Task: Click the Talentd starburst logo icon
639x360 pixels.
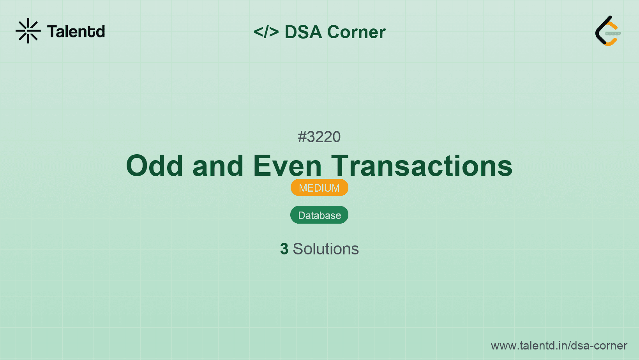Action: (x=28, y=31)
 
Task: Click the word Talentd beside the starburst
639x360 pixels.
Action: (x=76, y=32)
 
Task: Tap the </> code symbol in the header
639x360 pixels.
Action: (x=266, y=32)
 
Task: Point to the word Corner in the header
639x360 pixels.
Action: (x=356, y=32)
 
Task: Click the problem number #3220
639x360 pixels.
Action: (x=319, y=137)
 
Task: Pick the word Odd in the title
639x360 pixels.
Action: (x=155, y=166)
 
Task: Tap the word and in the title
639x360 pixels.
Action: (x=218, y=166)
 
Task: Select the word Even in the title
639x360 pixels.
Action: (x=288, y=166)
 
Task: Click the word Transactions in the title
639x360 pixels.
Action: (x=422, y=166)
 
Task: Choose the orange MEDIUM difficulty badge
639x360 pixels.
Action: (x=319, y=188)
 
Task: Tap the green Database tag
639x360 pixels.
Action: (x=319, y=215)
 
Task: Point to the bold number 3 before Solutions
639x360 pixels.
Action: (x=284, y=249)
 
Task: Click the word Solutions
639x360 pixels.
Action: (x=326, y=249)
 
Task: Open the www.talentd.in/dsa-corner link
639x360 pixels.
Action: (x=559, y=346)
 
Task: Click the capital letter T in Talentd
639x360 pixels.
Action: (x=53, y=32)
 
